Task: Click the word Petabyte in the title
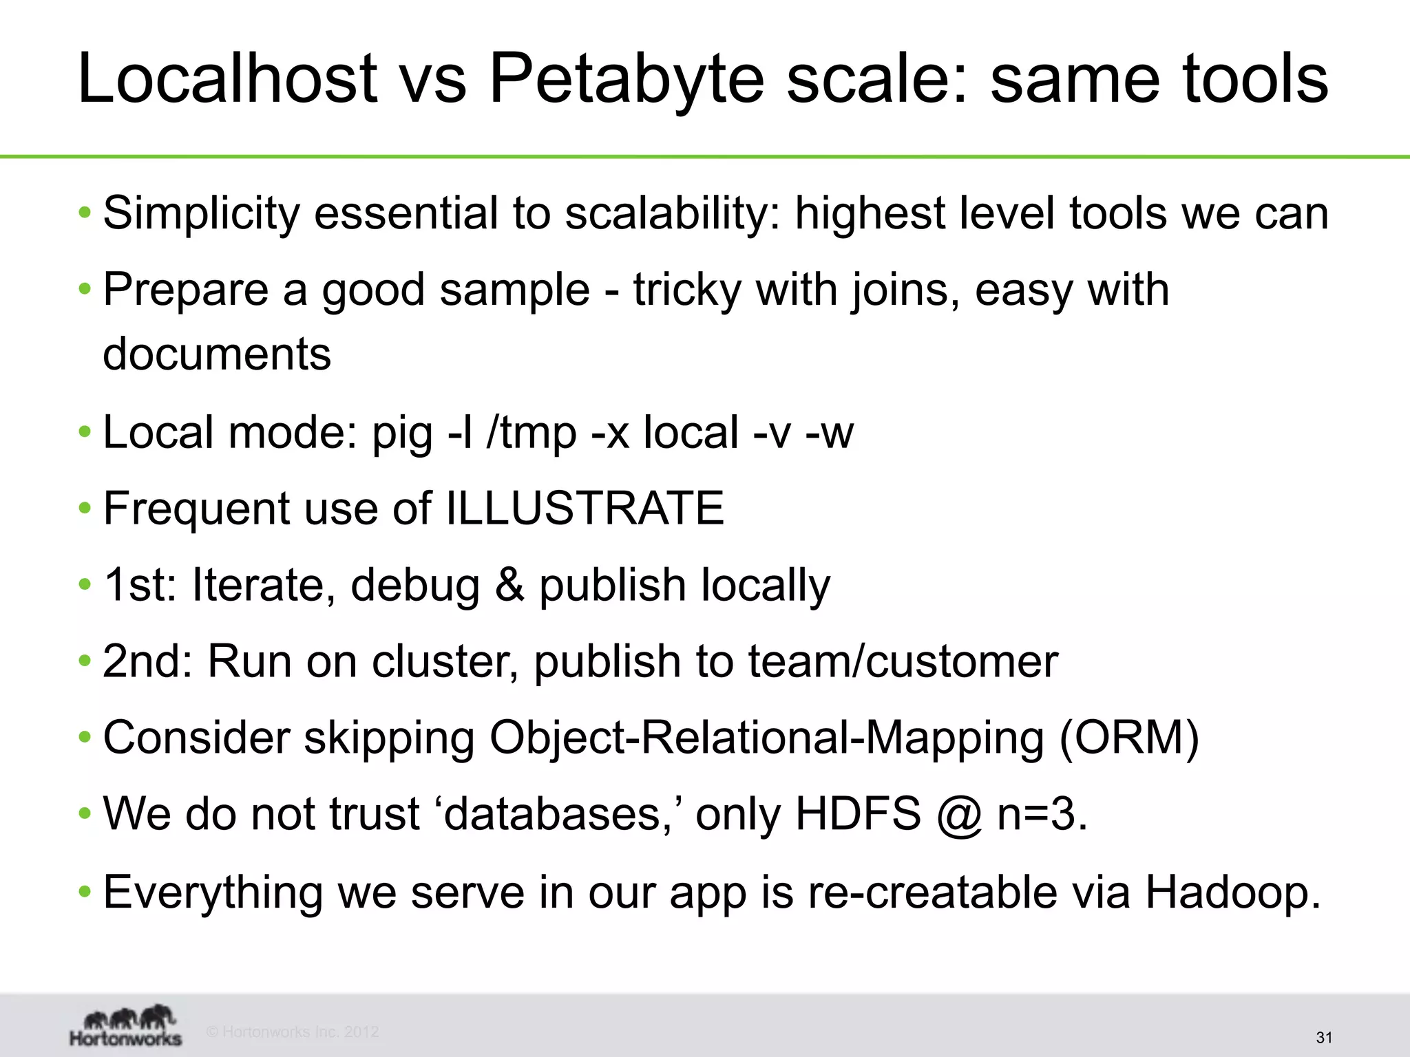pos(625,80)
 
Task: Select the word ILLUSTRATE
pos(585,509)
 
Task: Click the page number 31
pos(1324,1038)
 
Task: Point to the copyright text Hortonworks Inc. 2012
pos(293,1032)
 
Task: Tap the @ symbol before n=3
pos(958,815)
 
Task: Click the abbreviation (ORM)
pos(1129,738)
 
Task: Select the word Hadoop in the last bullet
pos(1232,893)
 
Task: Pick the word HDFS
pos(858,814)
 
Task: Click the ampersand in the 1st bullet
pos(509,585)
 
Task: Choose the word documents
pos(217,354)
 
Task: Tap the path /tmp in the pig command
pos(531,433)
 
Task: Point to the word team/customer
pos(903,661)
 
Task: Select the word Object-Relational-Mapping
pos(767,738)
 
